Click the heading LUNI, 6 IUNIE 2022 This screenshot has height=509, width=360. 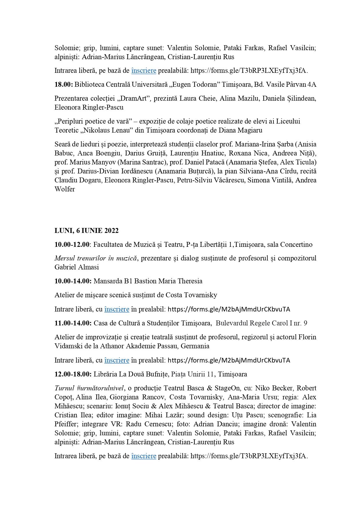(86, 231)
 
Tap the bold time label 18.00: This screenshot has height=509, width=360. (64, 84)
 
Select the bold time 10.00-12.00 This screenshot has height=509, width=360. (72, 244)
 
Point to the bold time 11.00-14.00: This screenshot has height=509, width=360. (73, 323)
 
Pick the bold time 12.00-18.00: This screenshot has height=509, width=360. (73, 374)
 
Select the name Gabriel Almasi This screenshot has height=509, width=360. (77, 267)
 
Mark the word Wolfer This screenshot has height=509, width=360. (65, 189)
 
